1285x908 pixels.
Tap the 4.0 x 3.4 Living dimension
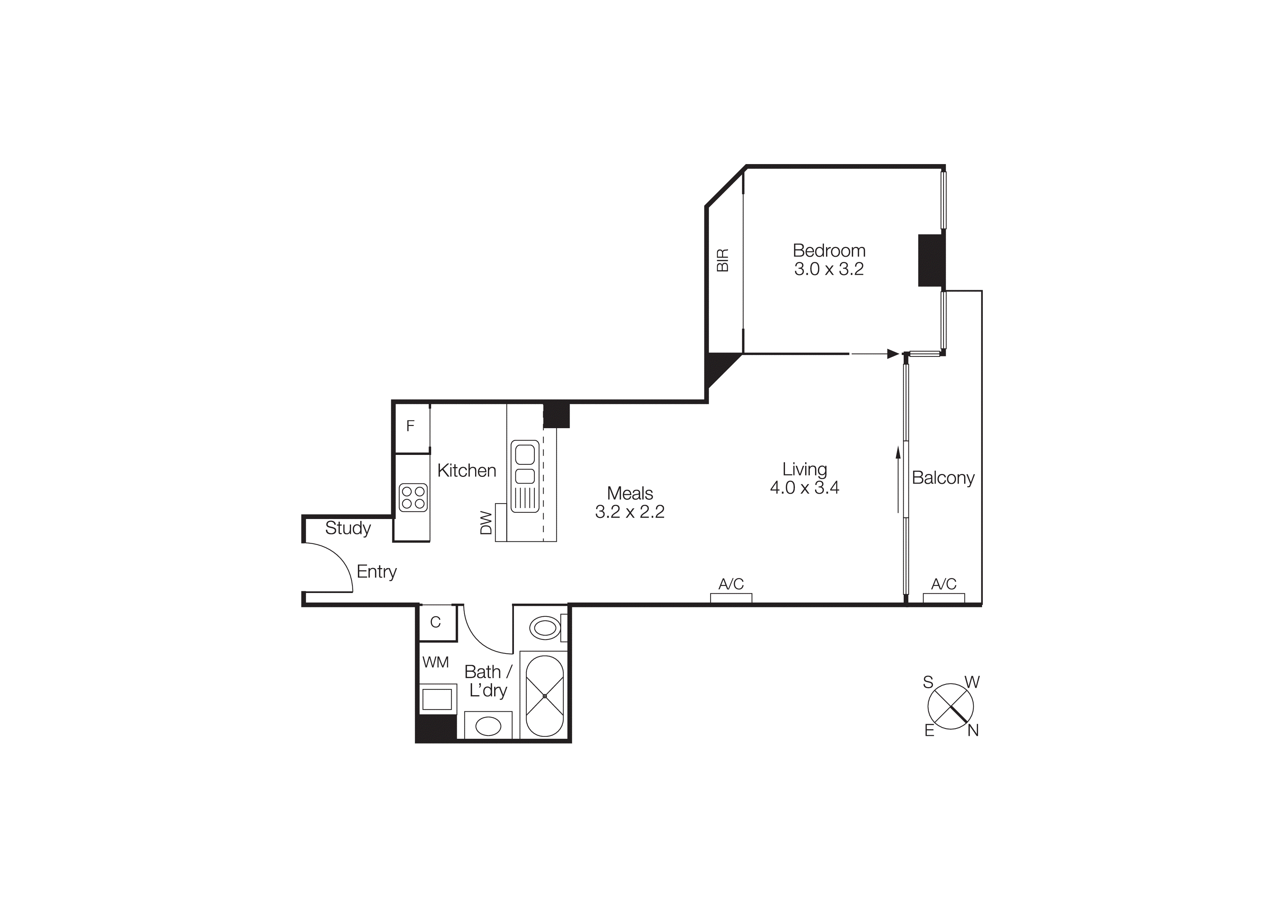804,488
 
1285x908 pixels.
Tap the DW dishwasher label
486,523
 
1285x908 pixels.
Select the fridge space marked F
410,426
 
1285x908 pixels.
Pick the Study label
348,528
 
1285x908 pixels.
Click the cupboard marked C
436,622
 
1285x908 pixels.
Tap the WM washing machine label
436,662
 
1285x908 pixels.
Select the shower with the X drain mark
544,696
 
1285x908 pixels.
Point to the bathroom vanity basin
488,727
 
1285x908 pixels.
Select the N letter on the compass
973,731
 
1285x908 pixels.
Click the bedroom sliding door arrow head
893,353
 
